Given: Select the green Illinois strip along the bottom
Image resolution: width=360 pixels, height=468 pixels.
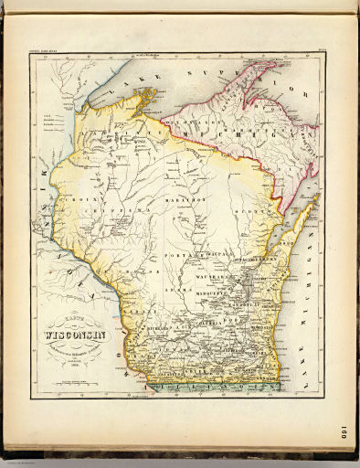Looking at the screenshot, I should tap(219, 388).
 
